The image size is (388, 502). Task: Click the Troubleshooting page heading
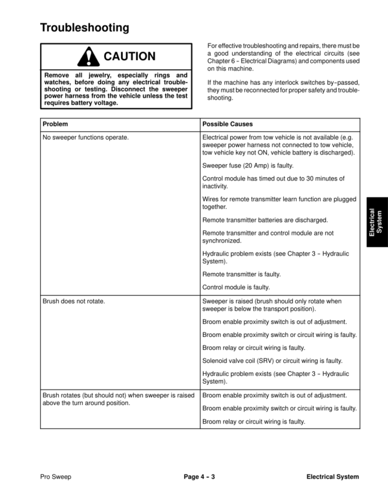[84, 28]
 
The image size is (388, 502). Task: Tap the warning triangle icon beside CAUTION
[87, 58]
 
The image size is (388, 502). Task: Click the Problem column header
[55, 124]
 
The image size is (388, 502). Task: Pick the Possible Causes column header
[227, 124]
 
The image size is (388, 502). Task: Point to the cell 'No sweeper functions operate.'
[85, 138]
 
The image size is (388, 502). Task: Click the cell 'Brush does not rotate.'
[74, 301]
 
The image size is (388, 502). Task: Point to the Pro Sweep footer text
[56, 477]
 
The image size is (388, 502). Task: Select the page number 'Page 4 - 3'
[199, 477]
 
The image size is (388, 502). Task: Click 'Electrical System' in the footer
[332, 477]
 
